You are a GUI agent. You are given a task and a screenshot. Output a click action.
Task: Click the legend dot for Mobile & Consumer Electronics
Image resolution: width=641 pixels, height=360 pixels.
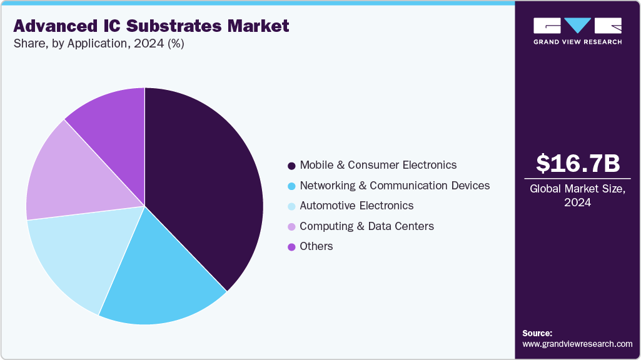(x=291, y=166)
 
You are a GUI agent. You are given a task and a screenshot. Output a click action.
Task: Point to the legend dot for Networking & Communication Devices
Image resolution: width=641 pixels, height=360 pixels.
(x=291, y=186)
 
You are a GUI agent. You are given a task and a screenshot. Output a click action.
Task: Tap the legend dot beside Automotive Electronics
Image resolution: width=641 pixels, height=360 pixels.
(x=291, y=206)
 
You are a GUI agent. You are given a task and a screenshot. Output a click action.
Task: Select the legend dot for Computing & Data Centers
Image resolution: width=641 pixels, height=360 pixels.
(x=291, y=227)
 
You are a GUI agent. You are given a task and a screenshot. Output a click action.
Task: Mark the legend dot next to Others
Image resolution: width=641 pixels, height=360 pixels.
(x=291, y=247)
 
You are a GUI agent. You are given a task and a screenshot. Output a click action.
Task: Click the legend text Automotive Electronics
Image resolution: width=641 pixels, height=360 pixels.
(x=356, y=206)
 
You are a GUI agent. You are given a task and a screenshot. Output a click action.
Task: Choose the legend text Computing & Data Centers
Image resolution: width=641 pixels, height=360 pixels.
(x=366, y=226)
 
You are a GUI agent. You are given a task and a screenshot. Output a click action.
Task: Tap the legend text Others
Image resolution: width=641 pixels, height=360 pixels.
(x=316, y=246)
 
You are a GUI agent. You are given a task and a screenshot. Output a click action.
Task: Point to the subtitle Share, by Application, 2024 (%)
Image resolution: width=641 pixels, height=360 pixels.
(x=98, y=44)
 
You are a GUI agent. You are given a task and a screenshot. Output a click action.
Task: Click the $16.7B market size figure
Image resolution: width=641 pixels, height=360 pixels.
(x=578, y=164)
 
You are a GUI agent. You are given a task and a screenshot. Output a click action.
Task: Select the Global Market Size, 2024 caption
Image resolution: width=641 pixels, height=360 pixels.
(x=578, y=196)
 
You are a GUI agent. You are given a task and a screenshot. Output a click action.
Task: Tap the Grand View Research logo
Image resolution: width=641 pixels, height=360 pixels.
(x=578, y=31)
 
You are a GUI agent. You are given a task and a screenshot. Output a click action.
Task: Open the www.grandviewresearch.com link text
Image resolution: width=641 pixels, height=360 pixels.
(x=577, y=344)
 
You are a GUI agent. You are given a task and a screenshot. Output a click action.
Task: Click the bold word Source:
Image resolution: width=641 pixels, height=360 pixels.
(x=537, y=333)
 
